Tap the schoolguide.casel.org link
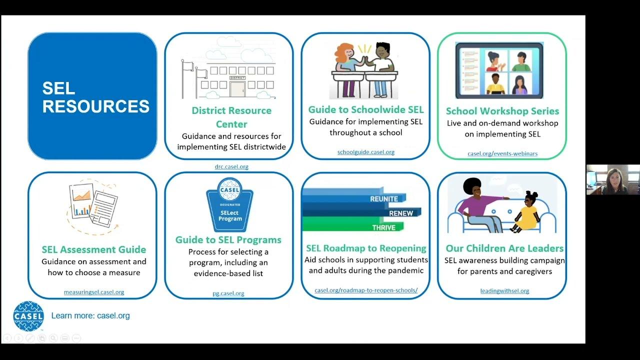point(366,152)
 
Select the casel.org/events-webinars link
point(502,153)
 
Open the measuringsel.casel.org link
point(94,292)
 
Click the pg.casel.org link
point(228,293)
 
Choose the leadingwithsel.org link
point(504,291)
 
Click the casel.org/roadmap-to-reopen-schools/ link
point(366,290)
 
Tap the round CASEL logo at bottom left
point(28,316)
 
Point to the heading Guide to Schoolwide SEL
point(366,109)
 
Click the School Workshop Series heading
point(502,111)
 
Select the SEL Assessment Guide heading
point(94,249)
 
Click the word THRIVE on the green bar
point(383,227)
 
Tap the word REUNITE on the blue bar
point(384,199)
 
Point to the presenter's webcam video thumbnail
point(612,179)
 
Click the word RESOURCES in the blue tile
point(96,106)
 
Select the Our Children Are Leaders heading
point(504,248)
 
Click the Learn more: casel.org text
point(90,315)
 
